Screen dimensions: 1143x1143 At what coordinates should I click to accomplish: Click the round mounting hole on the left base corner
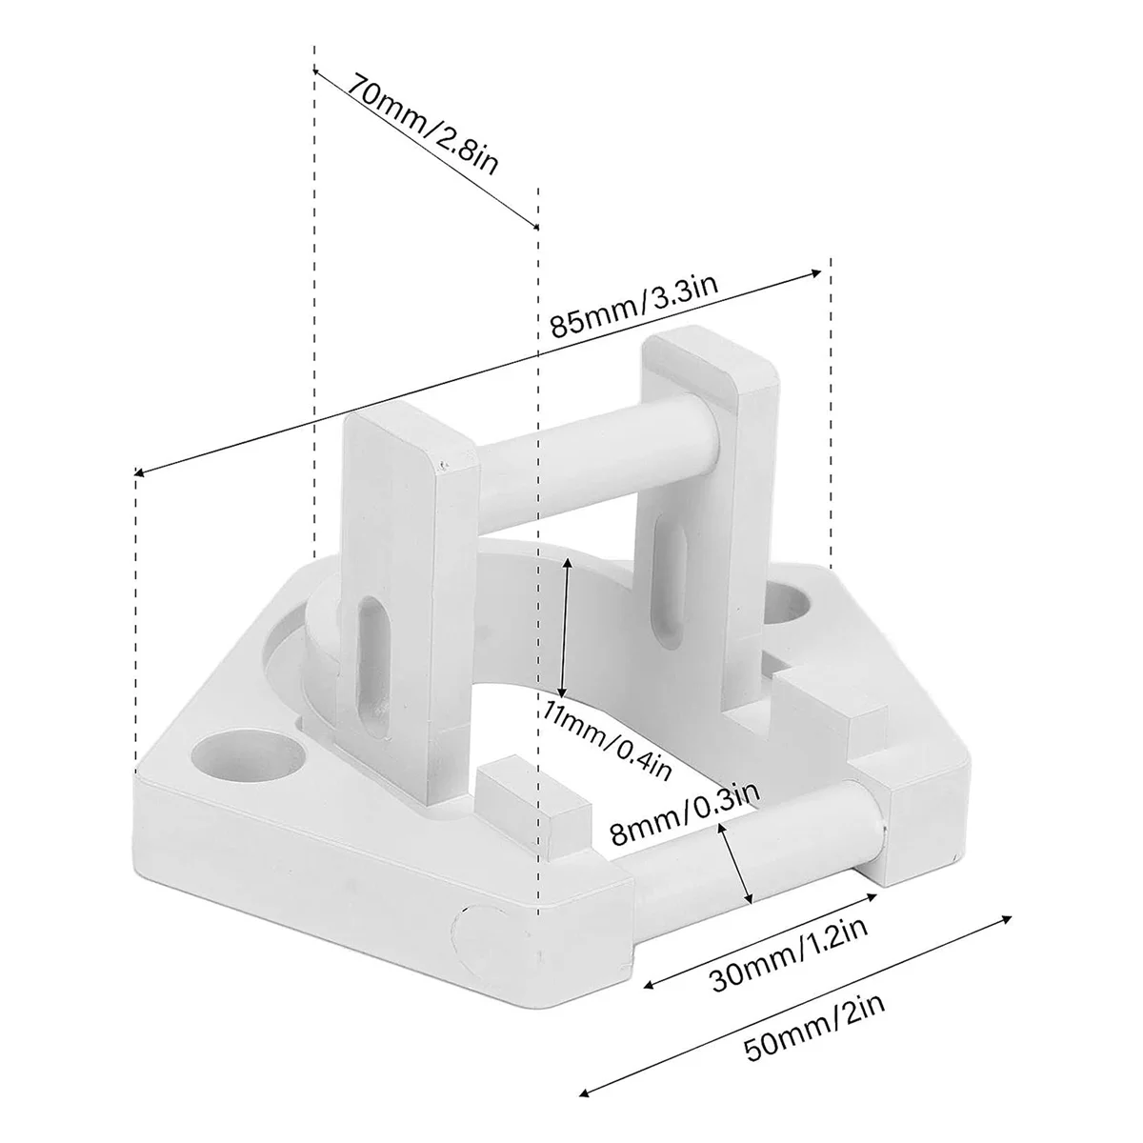pyautogui.click(x=246, y=755)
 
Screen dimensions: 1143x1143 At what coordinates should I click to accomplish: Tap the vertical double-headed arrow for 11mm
pyautogui.click(x=566, y=629)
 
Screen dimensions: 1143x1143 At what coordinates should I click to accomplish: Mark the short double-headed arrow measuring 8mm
pyautogui.click(x=737, y=865)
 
